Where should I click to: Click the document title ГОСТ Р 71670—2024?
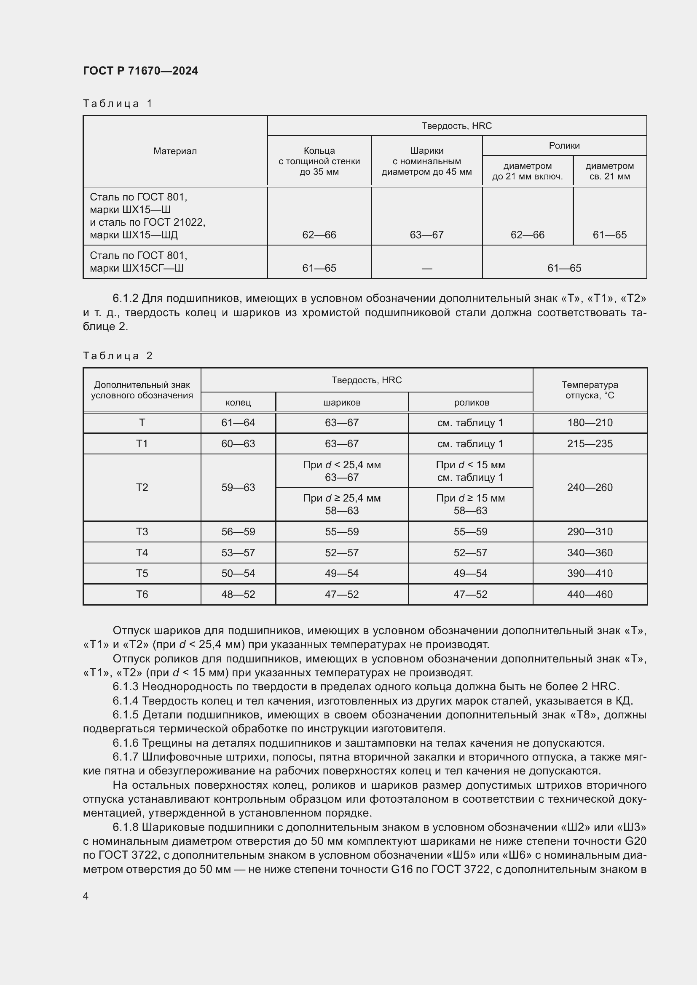(x=140, y=71)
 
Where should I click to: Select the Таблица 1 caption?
(x=118, y=104)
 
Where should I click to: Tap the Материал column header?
(x=175, y=151)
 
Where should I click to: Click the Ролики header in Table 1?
(x=564, y=145)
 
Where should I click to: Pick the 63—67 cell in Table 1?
(x=426, y=235)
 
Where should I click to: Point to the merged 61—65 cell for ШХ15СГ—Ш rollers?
(x=564, y=268)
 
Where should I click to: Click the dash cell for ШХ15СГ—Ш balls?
(x=426, y=268)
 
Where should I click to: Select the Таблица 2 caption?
(x=118, y=356)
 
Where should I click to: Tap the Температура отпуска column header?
(x=590, y=390)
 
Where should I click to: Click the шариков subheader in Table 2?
(x=342, y=403)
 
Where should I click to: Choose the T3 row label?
(x=142, y=531)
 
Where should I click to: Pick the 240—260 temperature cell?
(x=590, y=487)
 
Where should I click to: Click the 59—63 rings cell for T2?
(x=238, y=487)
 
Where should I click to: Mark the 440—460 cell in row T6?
(x=590, y=594)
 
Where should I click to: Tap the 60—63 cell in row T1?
(x=238, y=443)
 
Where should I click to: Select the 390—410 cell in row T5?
(x=590, y=573)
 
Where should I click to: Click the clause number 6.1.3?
(x=126, y=687)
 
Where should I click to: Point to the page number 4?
(x=86, y=896)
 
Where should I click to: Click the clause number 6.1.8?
(x=126, y=827)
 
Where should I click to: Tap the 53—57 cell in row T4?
(x=238, y=553)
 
